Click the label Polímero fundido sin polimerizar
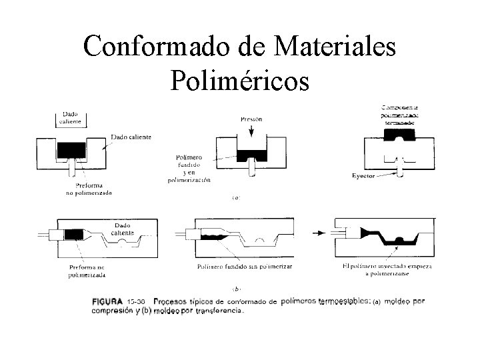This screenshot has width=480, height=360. (x=245, y=267)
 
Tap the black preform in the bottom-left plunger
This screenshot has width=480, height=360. (x=75, y=235)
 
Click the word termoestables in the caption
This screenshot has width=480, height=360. (x=343, y=301)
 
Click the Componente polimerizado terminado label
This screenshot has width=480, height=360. (x=398, y=115)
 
